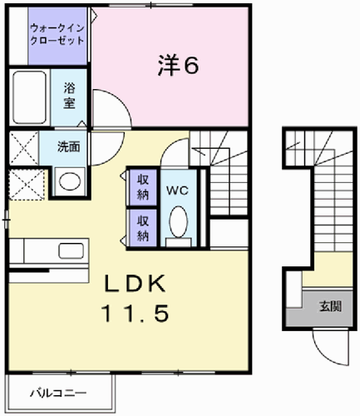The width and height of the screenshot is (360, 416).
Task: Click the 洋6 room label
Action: (x=178, y=66)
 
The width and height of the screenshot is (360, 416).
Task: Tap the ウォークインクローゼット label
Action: (x=57, y=34)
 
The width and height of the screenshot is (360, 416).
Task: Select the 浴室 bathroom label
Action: (x=69, y=96)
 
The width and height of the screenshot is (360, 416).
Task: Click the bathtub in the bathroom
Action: (x=29, y=97)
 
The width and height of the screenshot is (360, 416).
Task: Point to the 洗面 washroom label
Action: (x=69, y=146)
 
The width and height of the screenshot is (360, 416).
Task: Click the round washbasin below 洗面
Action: (x=70, y=181)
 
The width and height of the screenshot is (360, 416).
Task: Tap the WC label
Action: (x=177, y=191)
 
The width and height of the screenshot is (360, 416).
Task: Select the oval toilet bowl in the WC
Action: (x=179, y=222)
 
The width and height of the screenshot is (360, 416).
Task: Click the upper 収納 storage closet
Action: (x=143, y=187)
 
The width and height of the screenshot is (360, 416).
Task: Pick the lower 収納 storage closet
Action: (x=143, y=228)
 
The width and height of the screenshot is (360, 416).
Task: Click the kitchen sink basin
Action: (x=72, y=251)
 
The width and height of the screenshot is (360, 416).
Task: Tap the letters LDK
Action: (x=135, y=283)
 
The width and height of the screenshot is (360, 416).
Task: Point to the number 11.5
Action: (x=136, y=313)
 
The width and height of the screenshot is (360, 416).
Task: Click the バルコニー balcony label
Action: (x=58, y=393)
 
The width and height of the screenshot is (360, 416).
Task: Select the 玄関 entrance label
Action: (x=330, y=306)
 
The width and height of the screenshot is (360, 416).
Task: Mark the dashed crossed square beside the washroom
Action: (x=27, y=185)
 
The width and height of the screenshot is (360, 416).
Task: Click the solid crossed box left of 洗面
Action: (x=24, y=148)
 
